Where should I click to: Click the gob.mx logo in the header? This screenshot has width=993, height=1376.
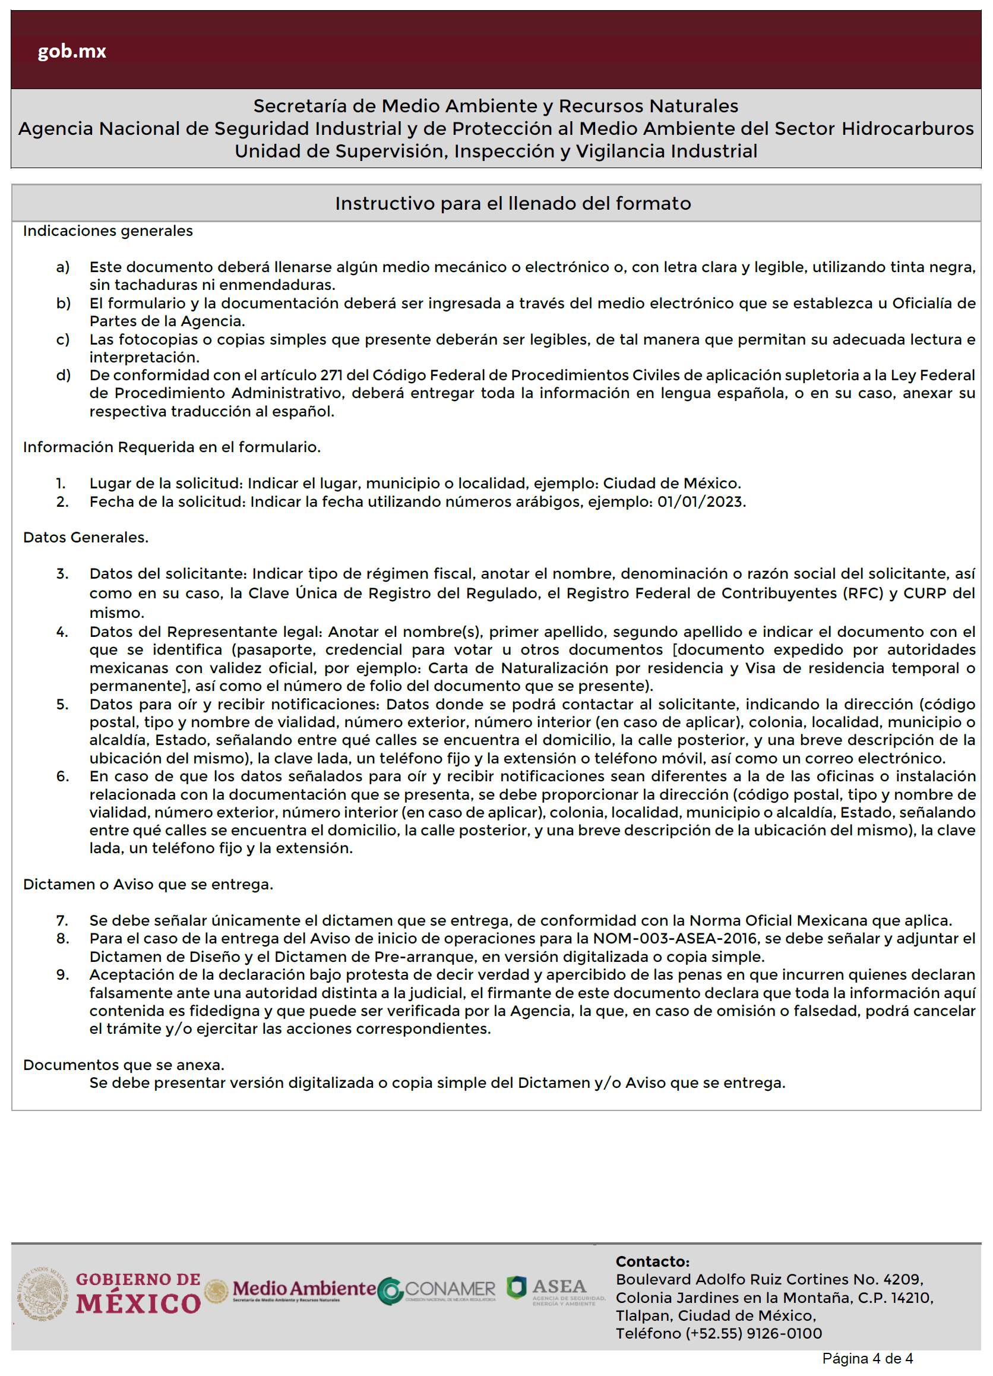(72, 51)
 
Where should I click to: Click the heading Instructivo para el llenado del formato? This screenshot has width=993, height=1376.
(513, 203)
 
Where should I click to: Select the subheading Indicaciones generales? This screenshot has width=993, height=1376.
(108, 231)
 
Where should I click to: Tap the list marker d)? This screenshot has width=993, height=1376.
(63, 375)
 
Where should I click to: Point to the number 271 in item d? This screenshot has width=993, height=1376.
(331, 375)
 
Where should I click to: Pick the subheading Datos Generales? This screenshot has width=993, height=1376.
(86, 538)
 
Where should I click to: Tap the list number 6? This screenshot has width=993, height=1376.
(62, 777)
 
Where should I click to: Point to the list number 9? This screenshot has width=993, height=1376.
(62, 975)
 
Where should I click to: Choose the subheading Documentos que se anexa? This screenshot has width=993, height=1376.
(124, 1065)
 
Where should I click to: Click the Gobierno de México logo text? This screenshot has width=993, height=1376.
(138, 1293)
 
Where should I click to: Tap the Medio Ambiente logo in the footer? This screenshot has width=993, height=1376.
(303, 1289)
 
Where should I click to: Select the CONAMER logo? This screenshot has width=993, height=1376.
(437, 1290)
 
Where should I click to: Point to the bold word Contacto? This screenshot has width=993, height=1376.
(652, 1262)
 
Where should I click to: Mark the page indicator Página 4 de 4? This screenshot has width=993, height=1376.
(867, 1359)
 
